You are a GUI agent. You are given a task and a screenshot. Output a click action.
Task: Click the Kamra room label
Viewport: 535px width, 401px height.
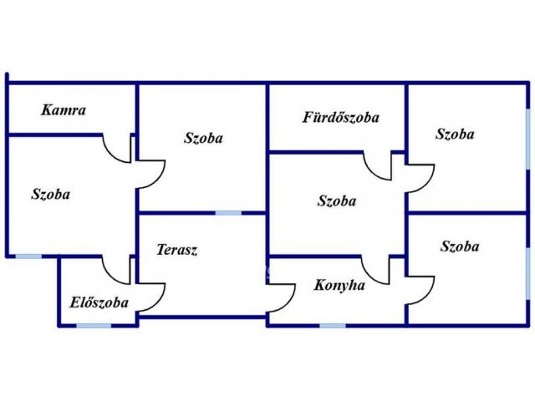pos(64,110)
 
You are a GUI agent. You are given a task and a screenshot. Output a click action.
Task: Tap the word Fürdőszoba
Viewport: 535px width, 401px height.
pos(341,117)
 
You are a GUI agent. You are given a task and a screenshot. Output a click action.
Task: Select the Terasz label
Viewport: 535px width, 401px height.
pos(176,250)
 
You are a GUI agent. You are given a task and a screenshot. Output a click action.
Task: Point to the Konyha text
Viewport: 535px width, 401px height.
pos(339,286)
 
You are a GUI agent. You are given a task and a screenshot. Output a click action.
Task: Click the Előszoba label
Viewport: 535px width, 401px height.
pos(99,302)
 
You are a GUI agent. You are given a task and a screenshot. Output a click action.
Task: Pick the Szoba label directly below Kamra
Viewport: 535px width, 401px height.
pos(50,194)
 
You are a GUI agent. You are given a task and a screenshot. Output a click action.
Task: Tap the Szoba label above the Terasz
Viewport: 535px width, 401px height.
pos(203,138)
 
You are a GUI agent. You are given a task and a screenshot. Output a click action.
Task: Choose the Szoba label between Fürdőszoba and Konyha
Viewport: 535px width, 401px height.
pos(337,200)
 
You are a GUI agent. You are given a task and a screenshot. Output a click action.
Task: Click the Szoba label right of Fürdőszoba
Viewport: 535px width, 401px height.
pos(455,134)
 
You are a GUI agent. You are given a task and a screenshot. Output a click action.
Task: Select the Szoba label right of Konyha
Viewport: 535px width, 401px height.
pos(460,246)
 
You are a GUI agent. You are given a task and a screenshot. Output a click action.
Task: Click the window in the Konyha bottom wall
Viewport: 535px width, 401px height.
pos(333,326)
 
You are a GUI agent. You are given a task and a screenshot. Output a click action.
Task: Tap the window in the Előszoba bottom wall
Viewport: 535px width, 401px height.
pos(94,326)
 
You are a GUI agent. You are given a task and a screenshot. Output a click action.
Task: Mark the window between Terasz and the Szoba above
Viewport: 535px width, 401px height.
pos(228,213)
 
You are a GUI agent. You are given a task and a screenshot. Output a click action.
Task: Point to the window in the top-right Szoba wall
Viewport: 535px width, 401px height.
pos(527,140)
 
